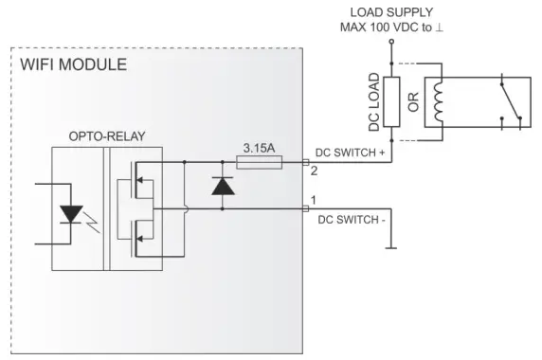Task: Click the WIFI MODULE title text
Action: [73, 65]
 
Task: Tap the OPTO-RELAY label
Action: [107, 136]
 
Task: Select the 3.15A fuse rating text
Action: [259, 149]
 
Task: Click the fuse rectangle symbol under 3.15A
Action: [259, 163]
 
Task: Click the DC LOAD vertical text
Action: [374, 102]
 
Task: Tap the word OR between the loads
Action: [412, 102]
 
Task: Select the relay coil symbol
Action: [437, 102]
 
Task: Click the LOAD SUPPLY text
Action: [390, 12]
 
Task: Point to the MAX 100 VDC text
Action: [390, 27]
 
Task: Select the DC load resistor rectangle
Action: [390, 102]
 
